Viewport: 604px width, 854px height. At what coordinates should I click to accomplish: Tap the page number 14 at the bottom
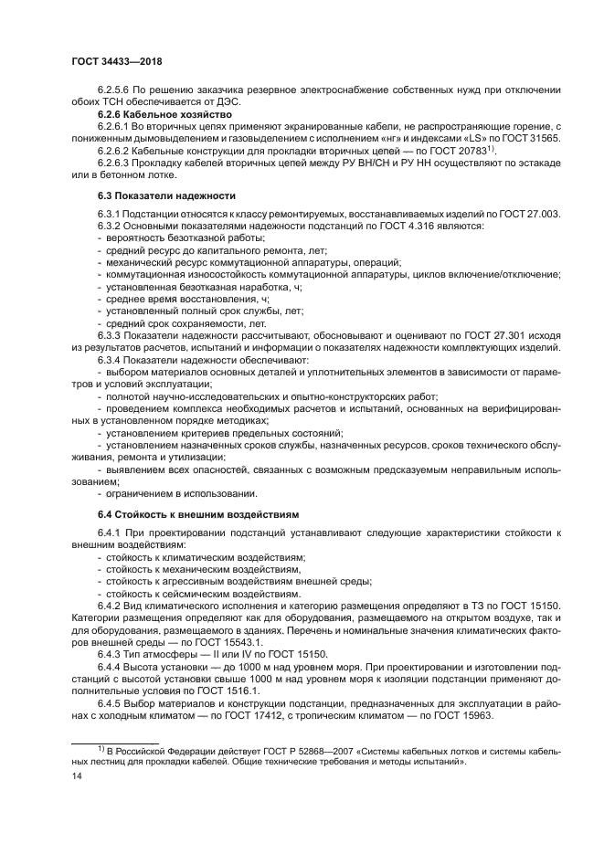tap(77, 776)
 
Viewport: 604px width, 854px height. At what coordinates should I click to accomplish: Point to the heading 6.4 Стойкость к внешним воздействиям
tap(196, 515)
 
